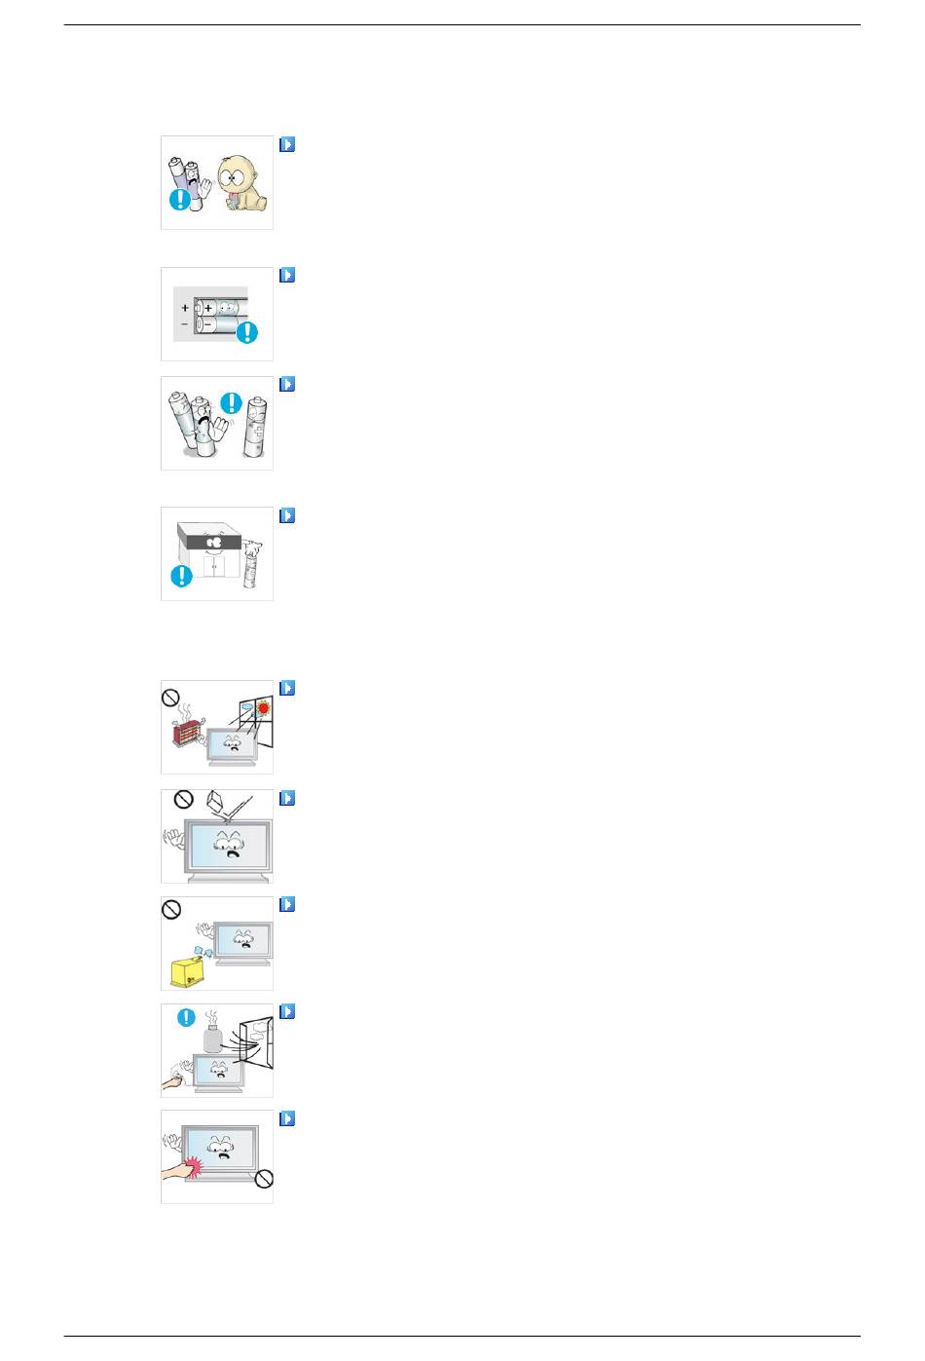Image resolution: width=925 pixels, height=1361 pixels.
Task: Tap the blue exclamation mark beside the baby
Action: point(180,200)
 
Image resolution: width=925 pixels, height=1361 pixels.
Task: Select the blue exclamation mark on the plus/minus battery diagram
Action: point(247,332)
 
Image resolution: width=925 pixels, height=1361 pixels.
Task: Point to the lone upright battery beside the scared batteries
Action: point(256,430)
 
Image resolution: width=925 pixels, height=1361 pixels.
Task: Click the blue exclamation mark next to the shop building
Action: point(181,576)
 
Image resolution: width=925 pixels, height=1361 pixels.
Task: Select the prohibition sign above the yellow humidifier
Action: point(171,910)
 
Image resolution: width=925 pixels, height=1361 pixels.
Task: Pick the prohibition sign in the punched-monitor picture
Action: point(262,1180)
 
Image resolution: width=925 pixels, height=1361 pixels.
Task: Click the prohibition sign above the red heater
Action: point(171,699)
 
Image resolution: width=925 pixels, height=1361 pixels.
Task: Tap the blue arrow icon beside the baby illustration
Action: point(287,144)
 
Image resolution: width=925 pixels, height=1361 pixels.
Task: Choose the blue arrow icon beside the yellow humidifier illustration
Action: point(287,904)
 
